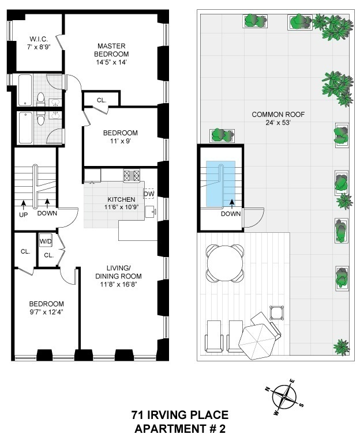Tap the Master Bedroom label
point(112,46)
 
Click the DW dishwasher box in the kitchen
point(148,194)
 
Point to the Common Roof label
point(278,114)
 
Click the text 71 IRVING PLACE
point(179,415)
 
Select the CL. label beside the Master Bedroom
point(102,100)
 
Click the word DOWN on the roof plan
point(230,213)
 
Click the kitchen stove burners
point(131,175)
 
